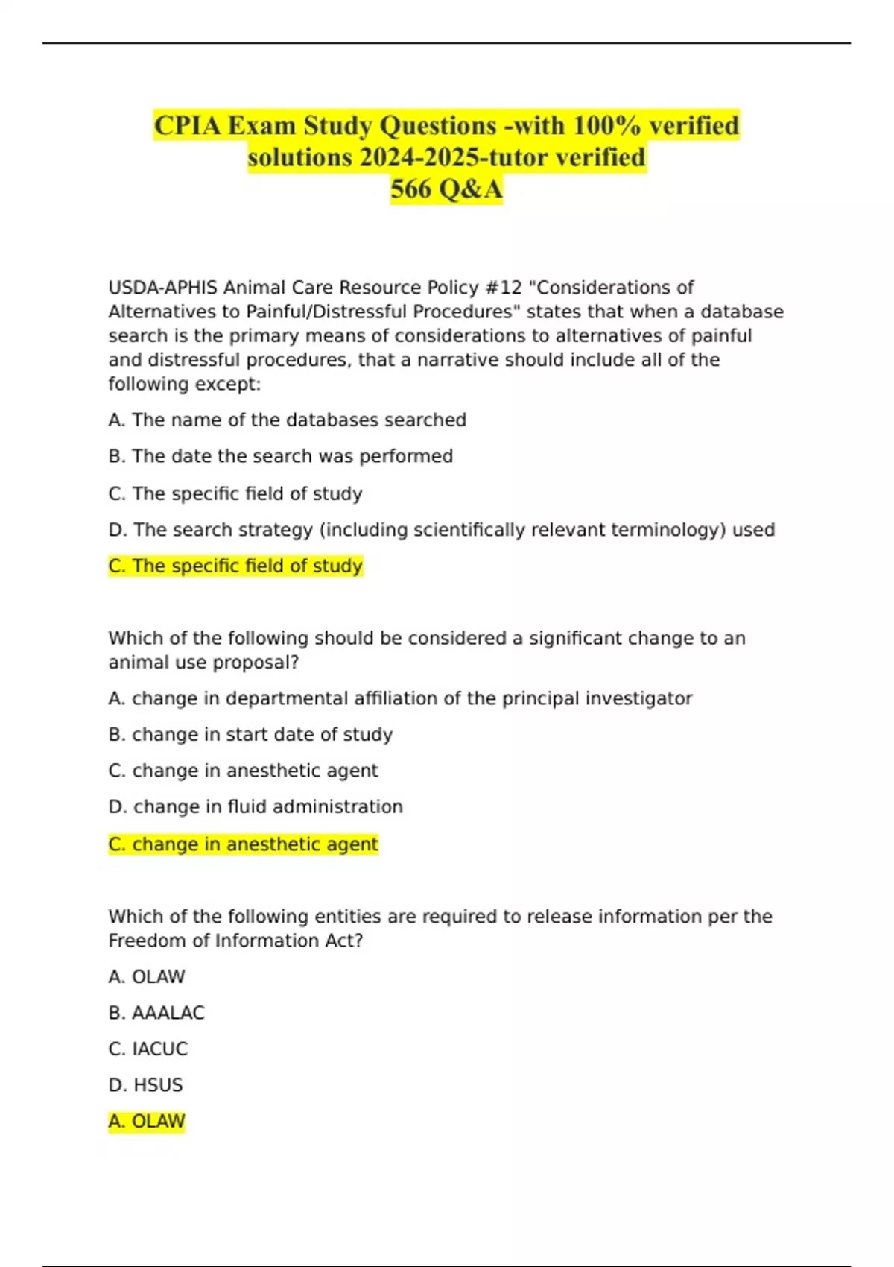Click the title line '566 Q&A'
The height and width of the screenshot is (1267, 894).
point(446,189)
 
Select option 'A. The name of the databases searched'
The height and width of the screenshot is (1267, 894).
point(287,420)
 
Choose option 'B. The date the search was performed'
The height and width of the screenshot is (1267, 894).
point(280,456)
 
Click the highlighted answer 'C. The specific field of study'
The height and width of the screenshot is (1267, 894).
point(235,566)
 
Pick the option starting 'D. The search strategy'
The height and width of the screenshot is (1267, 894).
point(441,530)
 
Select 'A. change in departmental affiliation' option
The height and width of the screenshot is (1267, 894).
point(400,699)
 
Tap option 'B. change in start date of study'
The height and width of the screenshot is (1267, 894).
point(250,735)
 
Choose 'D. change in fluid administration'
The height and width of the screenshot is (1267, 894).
point(256,807)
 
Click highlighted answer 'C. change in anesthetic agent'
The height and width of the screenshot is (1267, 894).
point(243,844)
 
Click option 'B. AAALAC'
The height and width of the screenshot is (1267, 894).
point(156,1013)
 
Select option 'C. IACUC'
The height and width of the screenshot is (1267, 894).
point(148,1049)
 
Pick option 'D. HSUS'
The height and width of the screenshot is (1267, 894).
point(145,1085)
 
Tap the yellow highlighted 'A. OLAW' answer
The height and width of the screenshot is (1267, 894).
point(146,1122)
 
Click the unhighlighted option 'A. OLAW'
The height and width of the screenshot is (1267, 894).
point(146,977)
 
